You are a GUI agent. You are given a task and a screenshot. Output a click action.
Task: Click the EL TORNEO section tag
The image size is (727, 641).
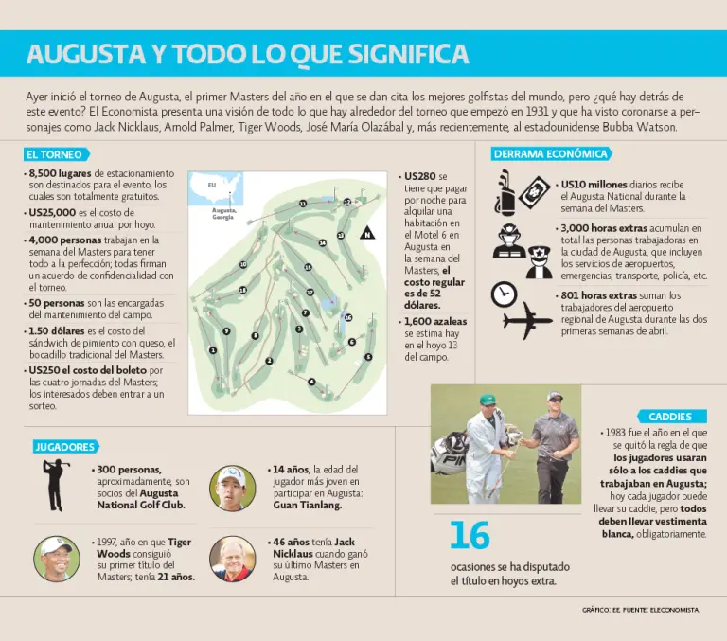pyautogui.click(x=55, y=154)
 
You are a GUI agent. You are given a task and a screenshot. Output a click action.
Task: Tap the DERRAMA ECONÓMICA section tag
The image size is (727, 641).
pyautogui.click(x=550, y=153)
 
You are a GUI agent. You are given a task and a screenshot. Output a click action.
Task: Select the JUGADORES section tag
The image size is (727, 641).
pyautogui.click(x=64, y=446)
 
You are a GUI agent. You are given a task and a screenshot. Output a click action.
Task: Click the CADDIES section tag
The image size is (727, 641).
pyautogui.click(x=670, y=417)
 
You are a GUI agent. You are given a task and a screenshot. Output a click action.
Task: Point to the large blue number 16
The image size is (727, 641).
pyautogui.click(x=470, y=537)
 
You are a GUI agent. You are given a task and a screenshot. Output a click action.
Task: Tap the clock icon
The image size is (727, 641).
pyautogui.click(x=505, y=293)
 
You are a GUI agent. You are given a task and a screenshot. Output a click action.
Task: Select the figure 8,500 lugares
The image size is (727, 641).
pyautogui.click(x=61, y=174)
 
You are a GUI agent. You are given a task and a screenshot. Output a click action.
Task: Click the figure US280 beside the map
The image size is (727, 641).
pyautogui.click(x=419, y=176)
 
